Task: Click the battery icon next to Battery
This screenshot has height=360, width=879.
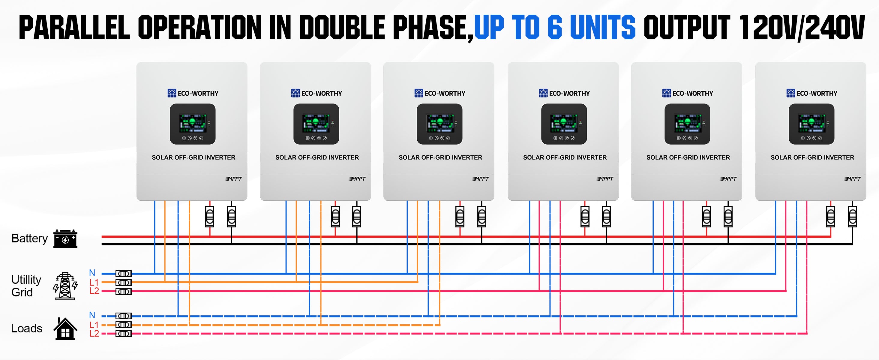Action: pyautogui.click(x=65, y=238)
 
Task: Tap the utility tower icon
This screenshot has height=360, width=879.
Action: pyautogui.click(x=65, y=286)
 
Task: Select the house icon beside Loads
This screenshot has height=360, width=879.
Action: pyautogui.click(x=65, y=328)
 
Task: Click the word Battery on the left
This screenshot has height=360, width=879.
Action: pyautogui.click(x=30, y=238)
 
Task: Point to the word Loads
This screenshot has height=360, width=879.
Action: pyautogui.click(x=27, y=328)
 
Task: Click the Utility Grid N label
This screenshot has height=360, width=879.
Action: pyautogui.click(x=92, y=273)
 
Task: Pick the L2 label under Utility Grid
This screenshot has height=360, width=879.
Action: pyautogui.click(x=94, y=291)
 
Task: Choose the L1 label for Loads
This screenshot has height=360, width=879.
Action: pyautogui.click(x=94, y=325)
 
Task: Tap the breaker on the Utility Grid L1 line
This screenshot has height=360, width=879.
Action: pyautogui.click(x=124, y=283)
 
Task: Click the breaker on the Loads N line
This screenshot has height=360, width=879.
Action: pyautogui.click(x=124, y=316)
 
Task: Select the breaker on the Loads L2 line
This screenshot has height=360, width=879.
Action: pyautogui.click(x=124, y=334)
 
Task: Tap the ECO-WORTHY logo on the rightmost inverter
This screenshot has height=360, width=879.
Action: pyautogui.click(x=812, y=93)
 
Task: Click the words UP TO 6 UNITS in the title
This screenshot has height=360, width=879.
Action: pyautogui.click(x=555, y=27)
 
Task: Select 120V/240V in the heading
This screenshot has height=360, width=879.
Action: pyautogui.click(x=802, y=28)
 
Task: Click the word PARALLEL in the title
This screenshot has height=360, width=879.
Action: pyautogui.click(x=74, y=27)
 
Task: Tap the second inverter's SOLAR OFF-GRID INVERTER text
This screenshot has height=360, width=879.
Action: pyautogui.click(x=317, y=157)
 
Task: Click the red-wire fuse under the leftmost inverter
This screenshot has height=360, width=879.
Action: pyautogui.click(x=209, y=216)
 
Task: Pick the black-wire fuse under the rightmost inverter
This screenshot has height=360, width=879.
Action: pyautogui.click(x=852, y=216)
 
